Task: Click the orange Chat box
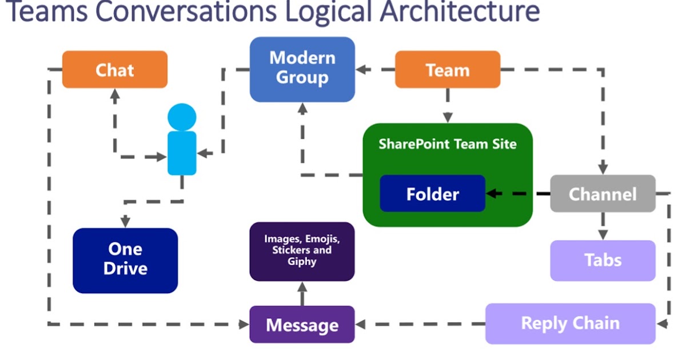coord(114,70)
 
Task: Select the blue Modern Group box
coord(302,69)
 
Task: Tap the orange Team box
coord(448,70)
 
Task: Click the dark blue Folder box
coord(432,194)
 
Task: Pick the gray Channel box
coord(603,194)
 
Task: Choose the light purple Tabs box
coord(603,261)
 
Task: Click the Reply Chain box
coord(570,323)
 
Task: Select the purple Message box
coord(302,325)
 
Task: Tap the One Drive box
coord(125,260)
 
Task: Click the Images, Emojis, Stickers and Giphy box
coord(302,251)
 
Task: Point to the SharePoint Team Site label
coord(447,144)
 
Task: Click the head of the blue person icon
coord(182,117)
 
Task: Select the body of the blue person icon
coord(182,153)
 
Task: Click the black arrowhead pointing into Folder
coord(491,194)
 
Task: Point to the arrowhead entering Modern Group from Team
coord(361,70)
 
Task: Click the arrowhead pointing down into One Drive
coord(125,222)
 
